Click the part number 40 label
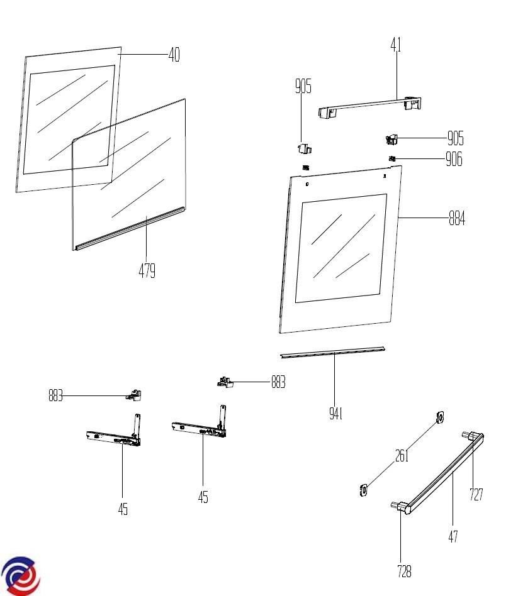(174, 55)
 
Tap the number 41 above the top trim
(396, 45)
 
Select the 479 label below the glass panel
(147, 271)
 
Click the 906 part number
(454, 160)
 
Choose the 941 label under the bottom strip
(336, 414)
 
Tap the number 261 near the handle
(402, 456)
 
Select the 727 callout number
(476, 495)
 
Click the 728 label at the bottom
(404, 571)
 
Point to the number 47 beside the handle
(453, 536)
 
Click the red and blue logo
(20, 575)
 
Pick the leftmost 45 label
(123, 509)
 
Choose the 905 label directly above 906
(456, 138)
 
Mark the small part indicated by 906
(391, 158)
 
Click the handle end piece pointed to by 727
(473, 435)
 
